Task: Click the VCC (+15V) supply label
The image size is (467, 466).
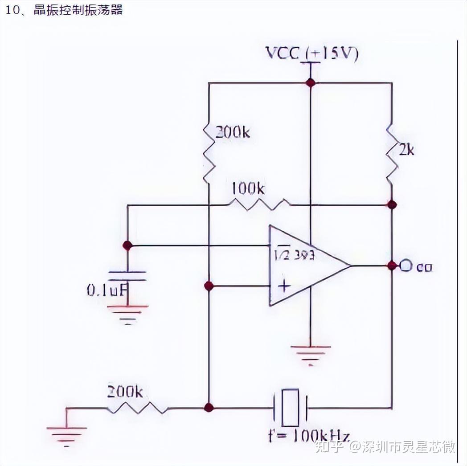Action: click(312, 53)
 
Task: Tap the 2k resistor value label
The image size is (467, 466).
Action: click(406, 150)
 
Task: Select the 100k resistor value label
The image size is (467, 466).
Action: click(247, 189)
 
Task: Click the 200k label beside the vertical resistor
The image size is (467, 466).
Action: click(233, 132)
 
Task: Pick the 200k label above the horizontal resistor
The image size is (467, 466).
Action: click(125, 392)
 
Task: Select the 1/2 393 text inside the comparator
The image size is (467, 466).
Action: click(294, 256)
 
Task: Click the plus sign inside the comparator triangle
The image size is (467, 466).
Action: click(283, 286)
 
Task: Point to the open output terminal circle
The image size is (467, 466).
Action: click(405, 266)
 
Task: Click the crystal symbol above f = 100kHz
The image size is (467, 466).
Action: click(291, 407)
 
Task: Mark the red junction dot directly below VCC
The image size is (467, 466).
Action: click(310, 82)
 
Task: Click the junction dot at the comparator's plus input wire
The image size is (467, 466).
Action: click(208, 286)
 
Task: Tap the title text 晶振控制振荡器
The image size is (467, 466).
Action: click(78, 10)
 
